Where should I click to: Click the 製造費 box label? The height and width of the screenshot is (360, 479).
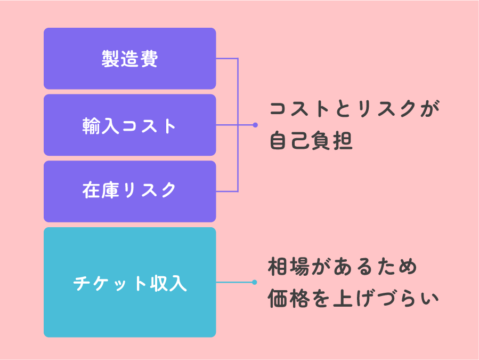129,59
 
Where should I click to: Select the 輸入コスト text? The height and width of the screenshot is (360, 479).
129,126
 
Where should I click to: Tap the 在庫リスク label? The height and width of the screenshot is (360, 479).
129,190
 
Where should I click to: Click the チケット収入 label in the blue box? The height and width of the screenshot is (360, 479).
129,283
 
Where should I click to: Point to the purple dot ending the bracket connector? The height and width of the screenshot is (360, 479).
255,125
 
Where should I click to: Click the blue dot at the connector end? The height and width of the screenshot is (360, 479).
255,282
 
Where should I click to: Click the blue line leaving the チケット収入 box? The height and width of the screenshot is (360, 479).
234,282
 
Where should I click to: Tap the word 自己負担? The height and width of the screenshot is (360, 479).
311,141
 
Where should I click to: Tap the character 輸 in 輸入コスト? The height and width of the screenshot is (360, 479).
91,126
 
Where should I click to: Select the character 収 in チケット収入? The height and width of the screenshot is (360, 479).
158,283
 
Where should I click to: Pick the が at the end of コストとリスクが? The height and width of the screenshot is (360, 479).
429,110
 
